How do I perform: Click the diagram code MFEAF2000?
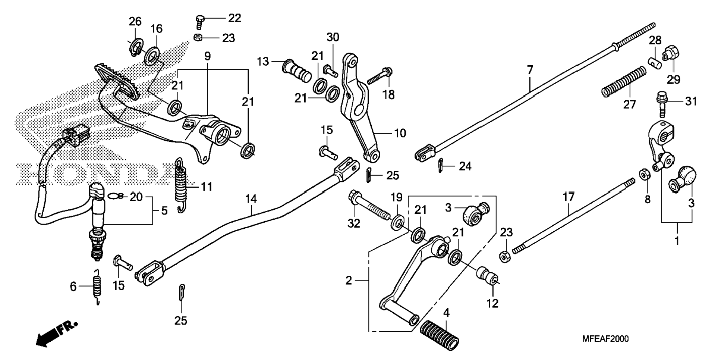tap(605, 339)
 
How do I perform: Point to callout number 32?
tap(354, 223)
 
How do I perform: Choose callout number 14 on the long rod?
tap(251, 199)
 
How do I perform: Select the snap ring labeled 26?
tap(136, 47)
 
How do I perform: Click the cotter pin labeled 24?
tap(441, 165)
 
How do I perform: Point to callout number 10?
tap(400, 133)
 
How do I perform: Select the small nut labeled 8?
tap(644, 175)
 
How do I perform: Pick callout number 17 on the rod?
tap(569, 197)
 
